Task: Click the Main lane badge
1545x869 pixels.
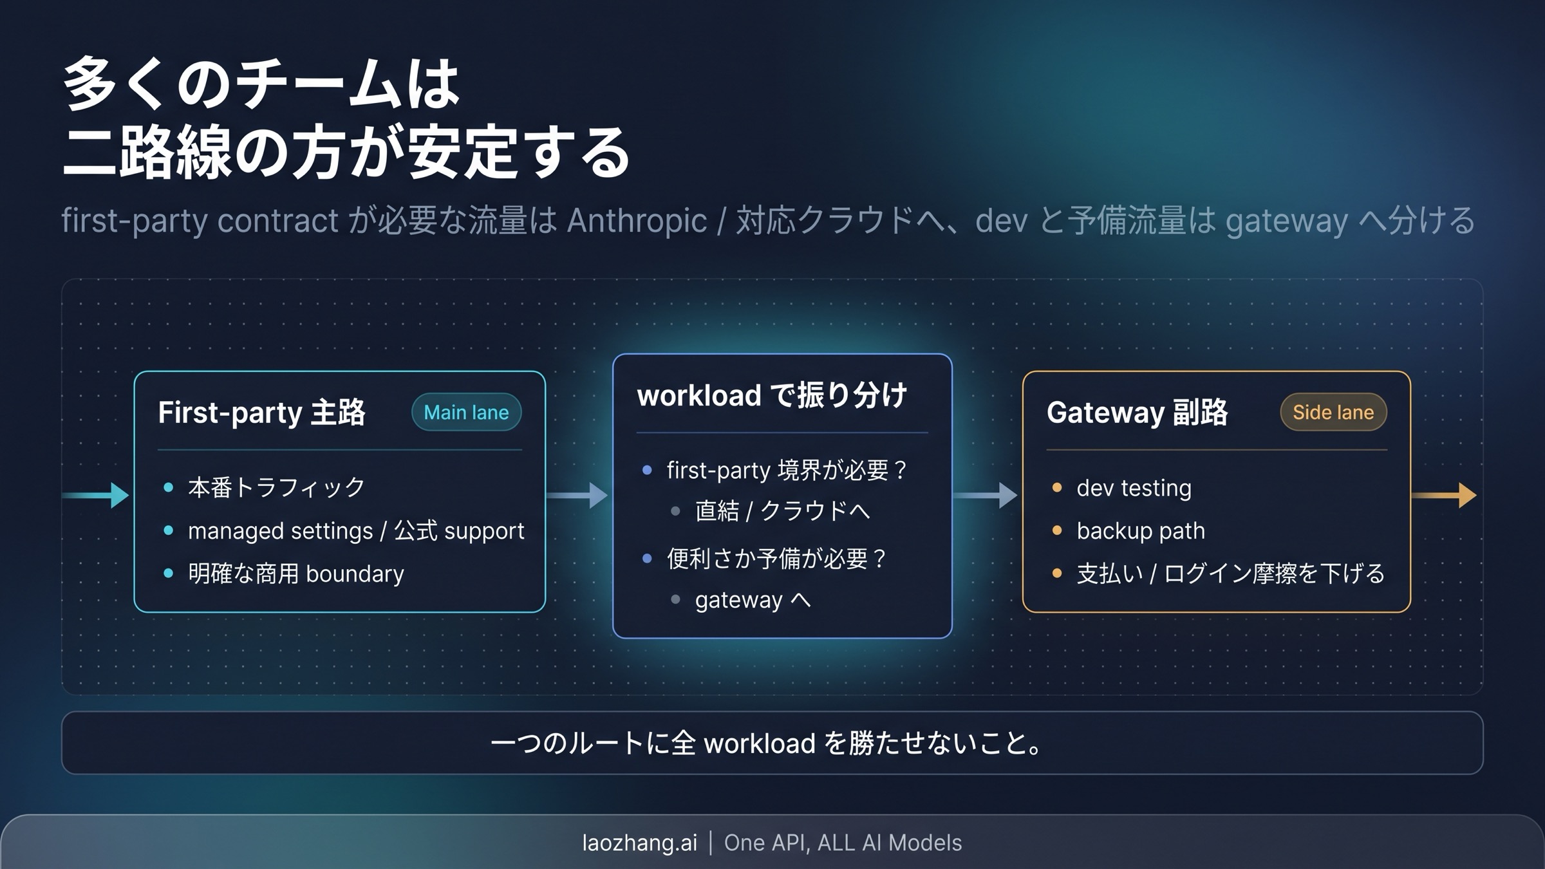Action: (x=466, y=412)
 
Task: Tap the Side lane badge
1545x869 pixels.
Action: (x=1333, y=412)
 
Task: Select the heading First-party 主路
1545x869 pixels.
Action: (x=261, y=412)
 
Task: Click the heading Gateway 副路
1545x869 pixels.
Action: (x=1137, y=412)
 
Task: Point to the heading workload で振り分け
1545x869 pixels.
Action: (x=772, y=395)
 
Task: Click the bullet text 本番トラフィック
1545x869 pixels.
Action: (x=276, y=487)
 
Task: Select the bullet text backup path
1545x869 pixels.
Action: (x=1140, y=530)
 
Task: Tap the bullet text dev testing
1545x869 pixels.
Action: (x=1134, y=488)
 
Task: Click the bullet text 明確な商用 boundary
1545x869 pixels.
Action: (x=295, y=573)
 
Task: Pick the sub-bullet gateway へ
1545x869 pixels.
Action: (x=753, y=599)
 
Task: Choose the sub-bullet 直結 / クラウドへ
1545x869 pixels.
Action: (x=782, y=511)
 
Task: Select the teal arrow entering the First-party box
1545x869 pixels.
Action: (x=96, y=495)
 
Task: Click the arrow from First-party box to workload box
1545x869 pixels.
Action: (x=577, y=495)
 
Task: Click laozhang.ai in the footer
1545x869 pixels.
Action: (x=639, y=843)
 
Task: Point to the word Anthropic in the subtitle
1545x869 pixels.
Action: (x=637, y=221)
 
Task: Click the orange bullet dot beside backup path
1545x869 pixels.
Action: (x=1056, y=530)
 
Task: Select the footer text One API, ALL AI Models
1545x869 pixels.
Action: (x=843, y=843)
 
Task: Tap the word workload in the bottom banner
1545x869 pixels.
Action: (x=760, y=743)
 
